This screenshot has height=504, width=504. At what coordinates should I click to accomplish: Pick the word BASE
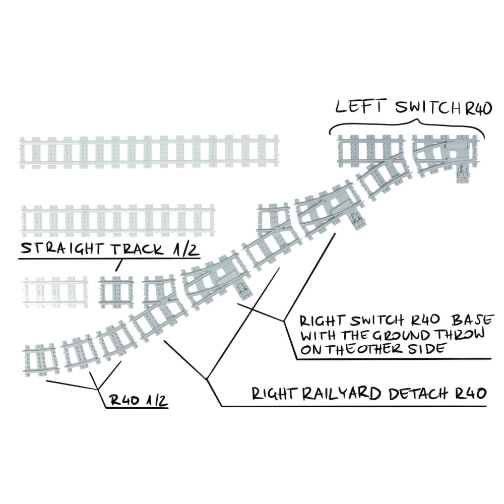pos(472,321)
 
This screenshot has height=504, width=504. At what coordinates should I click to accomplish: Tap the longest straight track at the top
pos(149,152)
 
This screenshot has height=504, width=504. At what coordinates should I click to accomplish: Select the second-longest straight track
pos(117,220)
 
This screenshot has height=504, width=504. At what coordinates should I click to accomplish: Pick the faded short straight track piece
pos(54,291)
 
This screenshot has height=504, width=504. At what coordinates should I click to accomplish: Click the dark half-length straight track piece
pos(115,291)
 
